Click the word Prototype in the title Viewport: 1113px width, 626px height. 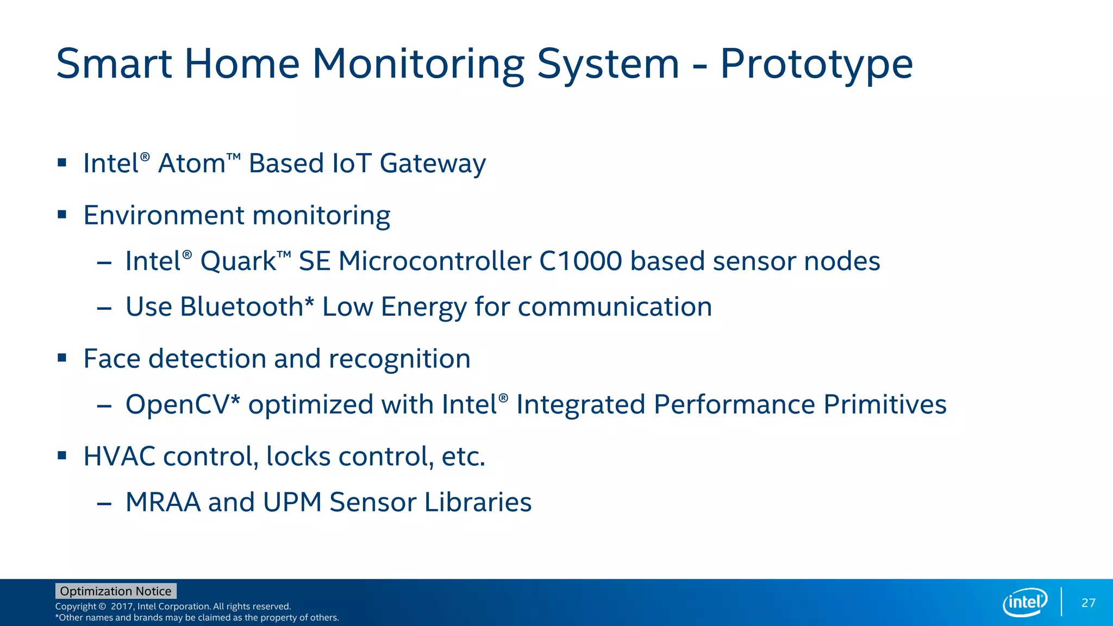click(x=816, y=64)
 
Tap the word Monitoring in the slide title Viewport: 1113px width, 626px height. click(x=417, y=64)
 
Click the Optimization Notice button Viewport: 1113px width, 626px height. click(x=116, y=591)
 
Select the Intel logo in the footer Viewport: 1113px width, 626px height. click(x=1025, y=602)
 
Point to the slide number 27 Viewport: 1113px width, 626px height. click(x=1088, y=603)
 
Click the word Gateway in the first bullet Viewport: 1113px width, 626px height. click(x=433, y=164)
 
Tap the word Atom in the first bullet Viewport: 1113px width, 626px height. click(x=191, y=164)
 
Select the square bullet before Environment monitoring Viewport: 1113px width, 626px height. click(x=62, y=215)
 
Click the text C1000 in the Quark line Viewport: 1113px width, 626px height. click(x=580, y=261)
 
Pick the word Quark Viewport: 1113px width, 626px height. click(x=238, y=261)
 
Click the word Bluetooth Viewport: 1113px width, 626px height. click(x=241, y=306)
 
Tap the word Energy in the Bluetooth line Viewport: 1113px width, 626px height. click(x=423, y=308)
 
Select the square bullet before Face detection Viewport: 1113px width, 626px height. click(x=62, y=358)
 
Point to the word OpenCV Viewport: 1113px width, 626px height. click(x=178, y=405)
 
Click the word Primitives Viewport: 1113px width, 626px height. click(x=885, y=405)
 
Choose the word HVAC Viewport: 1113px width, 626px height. click(x=120, y=456)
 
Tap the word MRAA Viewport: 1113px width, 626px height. click(x=163, y=502)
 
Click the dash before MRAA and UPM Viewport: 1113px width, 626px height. click(x=104, y=504)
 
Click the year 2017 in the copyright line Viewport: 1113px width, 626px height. click(x=122, y=606)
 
